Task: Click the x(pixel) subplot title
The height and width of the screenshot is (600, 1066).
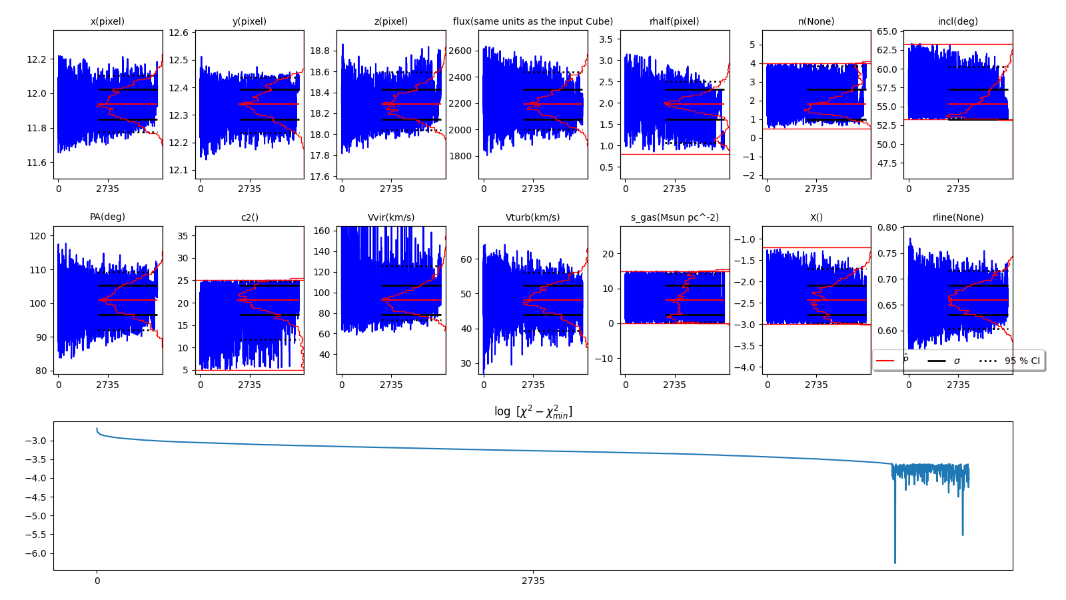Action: point(107,21)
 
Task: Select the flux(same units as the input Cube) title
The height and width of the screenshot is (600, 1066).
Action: point(533,21)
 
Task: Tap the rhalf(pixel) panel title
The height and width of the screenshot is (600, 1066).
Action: point(674,21)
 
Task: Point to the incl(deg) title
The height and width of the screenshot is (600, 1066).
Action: point(958,21)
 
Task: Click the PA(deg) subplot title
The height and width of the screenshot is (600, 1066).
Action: point(107,217)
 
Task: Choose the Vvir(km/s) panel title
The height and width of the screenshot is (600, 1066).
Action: point(391,217)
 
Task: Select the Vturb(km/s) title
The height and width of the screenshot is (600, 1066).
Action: point(533,217)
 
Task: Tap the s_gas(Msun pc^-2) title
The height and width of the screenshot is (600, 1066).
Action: point(674,217)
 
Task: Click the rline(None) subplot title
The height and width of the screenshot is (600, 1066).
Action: point(958,217)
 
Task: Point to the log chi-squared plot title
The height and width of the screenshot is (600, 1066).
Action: point(533,412)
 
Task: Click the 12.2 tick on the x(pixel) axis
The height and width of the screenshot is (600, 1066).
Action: point(37,59)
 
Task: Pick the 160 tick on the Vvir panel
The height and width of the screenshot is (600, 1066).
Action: point(322,231)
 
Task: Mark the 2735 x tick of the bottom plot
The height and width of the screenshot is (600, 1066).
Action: point(533,581)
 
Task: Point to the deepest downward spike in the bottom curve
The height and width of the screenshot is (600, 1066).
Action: point(895,562)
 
